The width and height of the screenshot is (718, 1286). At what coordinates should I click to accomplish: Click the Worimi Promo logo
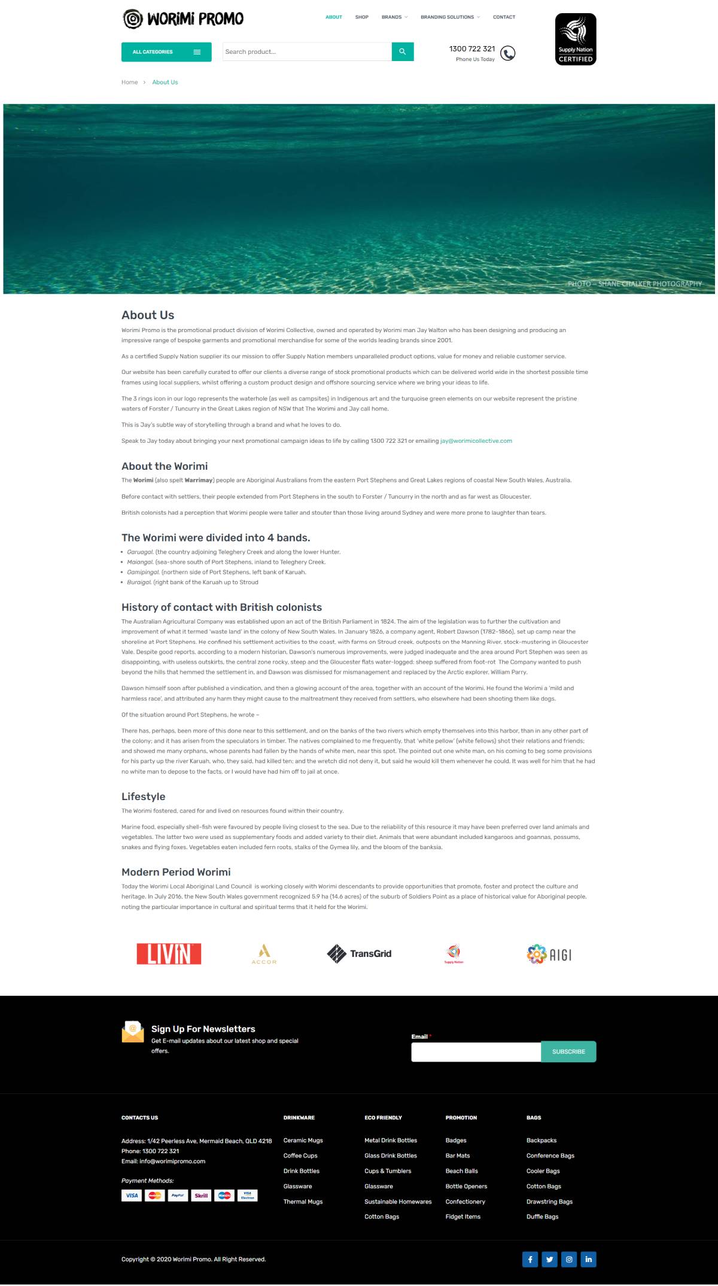point(182,19)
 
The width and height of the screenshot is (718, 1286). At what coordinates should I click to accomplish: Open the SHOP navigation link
point(361,17)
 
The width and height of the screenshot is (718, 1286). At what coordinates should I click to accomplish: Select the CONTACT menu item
point(504,17)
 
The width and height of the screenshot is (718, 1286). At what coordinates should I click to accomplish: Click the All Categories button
point(166,52)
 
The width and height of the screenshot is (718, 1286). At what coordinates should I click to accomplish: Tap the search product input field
point(307,52)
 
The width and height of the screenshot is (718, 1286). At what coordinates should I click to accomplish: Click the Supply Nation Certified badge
point(576,39)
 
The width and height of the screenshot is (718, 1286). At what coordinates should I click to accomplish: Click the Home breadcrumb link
point(129,83)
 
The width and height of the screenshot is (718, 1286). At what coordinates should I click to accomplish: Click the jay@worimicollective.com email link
point(476,441)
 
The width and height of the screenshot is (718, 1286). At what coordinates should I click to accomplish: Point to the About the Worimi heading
point(165,466)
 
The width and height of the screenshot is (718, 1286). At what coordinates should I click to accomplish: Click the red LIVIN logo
point(169,954)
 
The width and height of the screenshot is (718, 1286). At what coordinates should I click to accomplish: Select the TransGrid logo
point(359,954)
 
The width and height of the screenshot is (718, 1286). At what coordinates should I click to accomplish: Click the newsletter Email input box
point(476,1052)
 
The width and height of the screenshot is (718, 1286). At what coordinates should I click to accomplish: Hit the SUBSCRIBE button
point(568,1052)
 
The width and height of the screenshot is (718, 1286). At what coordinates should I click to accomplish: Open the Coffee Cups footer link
point(300,1156)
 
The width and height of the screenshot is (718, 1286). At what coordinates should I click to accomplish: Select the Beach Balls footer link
point(461,1171)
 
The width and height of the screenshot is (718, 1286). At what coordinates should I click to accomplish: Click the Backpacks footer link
point(541,1141)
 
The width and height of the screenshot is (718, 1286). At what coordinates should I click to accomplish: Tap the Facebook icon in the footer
point(530,1260)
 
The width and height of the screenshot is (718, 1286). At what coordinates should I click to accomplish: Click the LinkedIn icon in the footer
point(588,1260)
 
